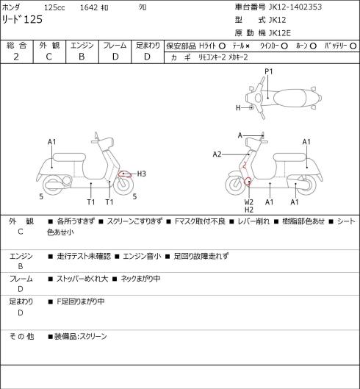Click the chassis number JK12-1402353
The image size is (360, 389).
295,7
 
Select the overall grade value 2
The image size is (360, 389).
16,57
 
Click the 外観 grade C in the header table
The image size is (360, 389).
48,57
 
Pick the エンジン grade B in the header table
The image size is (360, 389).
82,57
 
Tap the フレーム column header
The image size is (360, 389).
115,46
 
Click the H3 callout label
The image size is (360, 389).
141,174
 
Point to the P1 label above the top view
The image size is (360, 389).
268,72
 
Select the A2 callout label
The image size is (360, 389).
217,154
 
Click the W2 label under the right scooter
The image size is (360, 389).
248,202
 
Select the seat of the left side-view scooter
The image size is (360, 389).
69,158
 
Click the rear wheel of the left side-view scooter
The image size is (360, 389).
53,185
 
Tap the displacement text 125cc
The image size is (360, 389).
54,7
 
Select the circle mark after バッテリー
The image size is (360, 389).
353,46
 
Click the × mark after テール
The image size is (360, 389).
248,46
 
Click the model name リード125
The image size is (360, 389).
22,19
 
